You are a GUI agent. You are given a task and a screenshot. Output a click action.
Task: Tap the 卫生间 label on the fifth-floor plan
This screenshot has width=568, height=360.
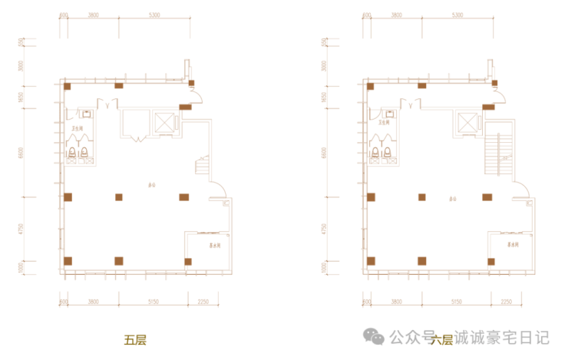78,127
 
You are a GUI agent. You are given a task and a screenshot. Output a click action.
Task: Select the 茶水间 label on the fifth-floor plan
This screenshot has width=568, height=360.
216,246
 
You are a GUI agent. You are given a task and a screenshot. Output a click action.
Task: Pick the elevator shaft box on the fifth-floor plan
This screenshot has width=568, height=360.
165,122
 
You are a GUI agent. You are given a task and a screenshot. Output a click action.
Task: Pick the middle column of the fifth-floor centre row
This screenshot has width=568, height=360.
119,197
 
